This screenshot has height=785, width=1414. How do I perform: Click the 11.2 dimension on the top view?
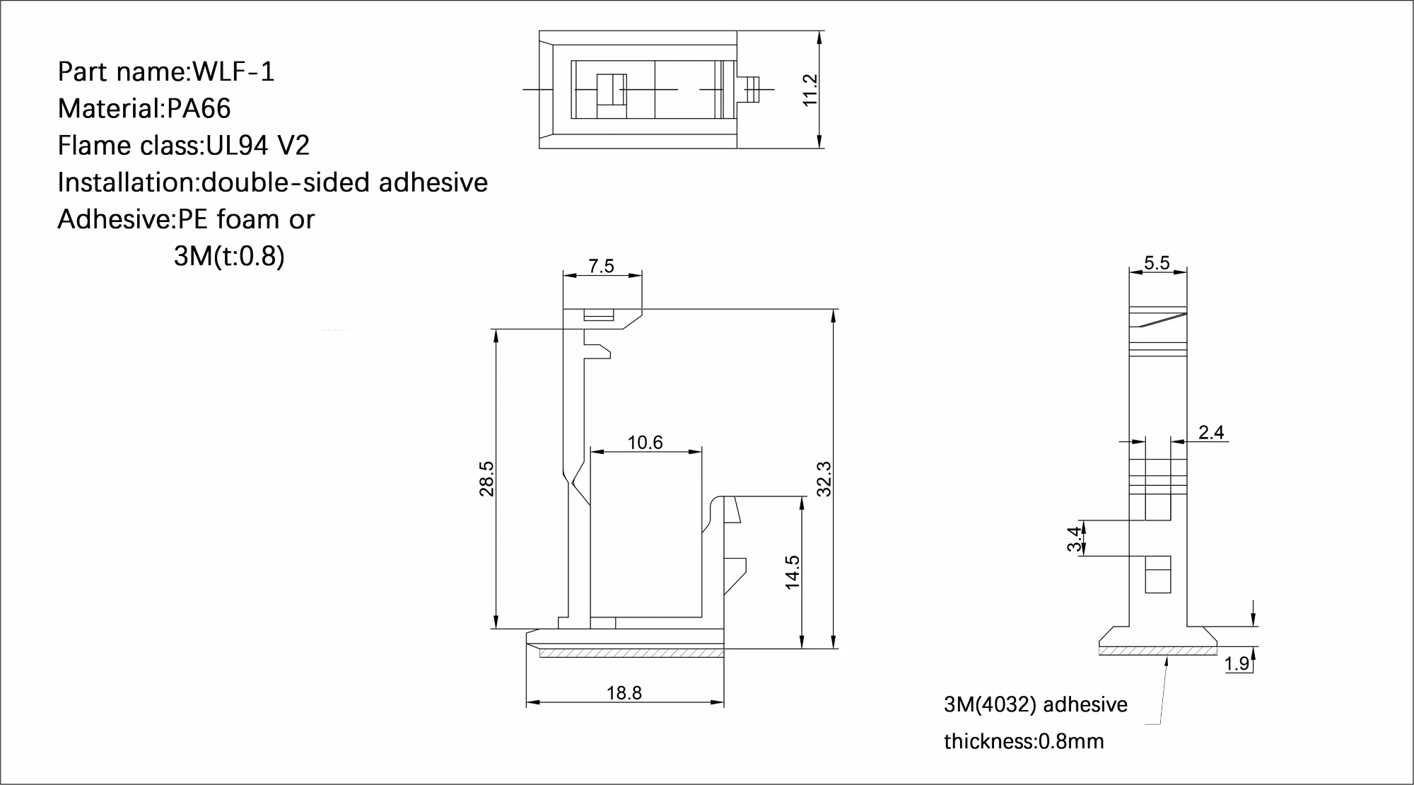click(810, 90)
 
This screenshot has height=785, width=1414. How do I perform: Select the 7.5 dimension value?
click(601, 266)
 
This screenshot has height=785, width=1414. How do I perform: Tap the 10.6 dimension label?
click(645, 443)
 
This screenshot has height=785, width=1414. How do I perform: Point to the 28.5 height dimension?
click(486, 479)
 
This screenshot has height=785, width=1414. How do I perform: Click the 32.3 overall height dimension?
click(824, 479)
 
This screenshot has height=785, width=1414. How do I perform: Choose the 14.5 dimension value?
click(792, 572)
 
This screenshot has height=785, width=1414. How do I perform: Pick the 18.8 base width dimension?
click(624, 693)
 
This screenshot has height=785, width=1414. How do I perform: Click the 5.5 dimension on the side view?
click(1157, 263)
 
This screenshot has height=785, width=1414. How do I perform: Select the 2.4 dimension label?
click(1211, 432)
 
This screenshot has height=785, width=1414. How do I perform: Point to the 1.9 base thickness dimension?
click(1237, 664)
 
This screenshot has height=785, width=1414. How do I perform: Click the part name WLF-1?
click(233, 72)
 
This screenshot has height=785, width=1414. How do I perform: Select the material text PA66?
click(199, 109)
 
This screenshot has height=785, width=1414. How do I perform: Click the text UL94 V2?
click(257, 146)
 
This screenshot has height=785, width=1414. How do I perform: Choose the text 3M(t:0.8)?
click(228, 256)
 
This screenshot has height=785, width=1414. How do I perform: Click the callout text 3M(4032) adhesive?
click(1035, 704)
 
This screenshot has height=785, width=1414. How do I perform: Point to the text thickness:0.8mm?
click(1023, 741)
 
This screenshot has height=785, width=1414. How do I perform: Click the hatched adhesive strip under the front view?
click(631, 653)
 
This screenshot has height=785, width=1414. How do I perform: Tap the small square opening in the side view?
click(1157, 574)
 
